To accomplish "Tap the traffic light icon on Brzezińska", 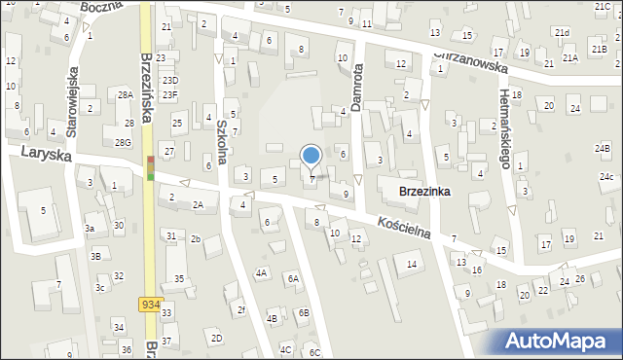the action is [x=150, y=167].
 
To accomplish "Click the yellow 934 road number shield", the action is [x=149, y=304].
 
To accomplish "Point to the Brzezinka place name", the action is [x=423, y=192].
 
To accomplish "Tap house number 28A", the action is [x=125, y=94].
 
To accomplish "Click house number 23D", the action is [x=170, y=81].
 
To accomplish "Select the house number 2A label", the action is [x=198, y=204].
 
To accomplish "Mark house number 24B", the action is [x=604, y=148].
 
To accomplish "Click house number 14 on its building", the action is [x=412, y=264].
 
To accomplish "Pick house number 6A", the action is [x=292, y=278].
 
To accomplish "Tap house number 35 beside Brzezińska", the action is [x=179, y=279].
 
